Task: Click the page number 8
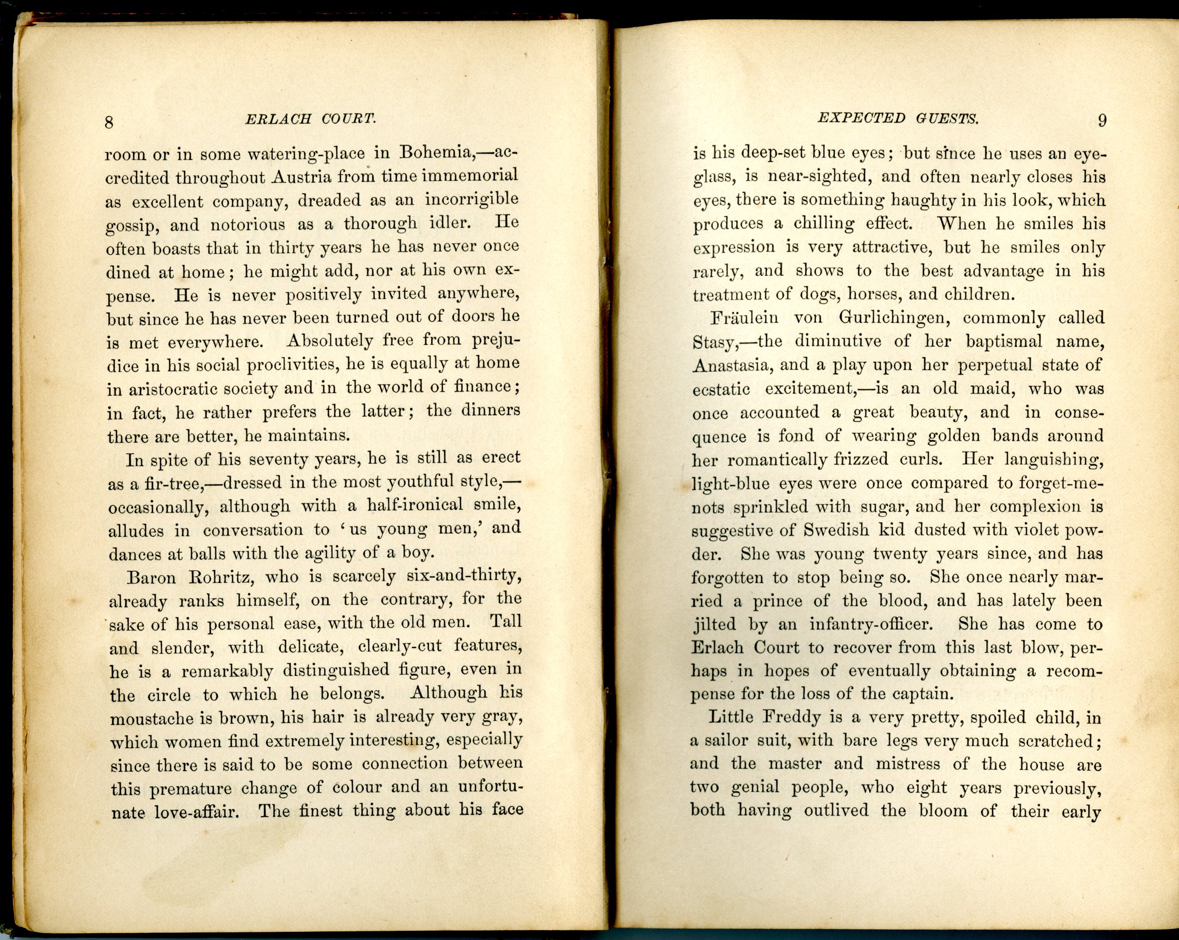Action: click(x=109, y=122)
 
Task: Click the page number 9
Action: click(x=1102, y=120)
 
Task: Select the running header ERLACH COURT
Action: click(x=311, y=118)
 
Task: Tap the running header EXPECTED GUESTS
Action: click(x=898, y=118)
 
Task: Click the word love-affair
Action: click(x=196, y=812)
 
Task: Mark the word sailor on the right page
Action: click(x=727, y=741)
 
